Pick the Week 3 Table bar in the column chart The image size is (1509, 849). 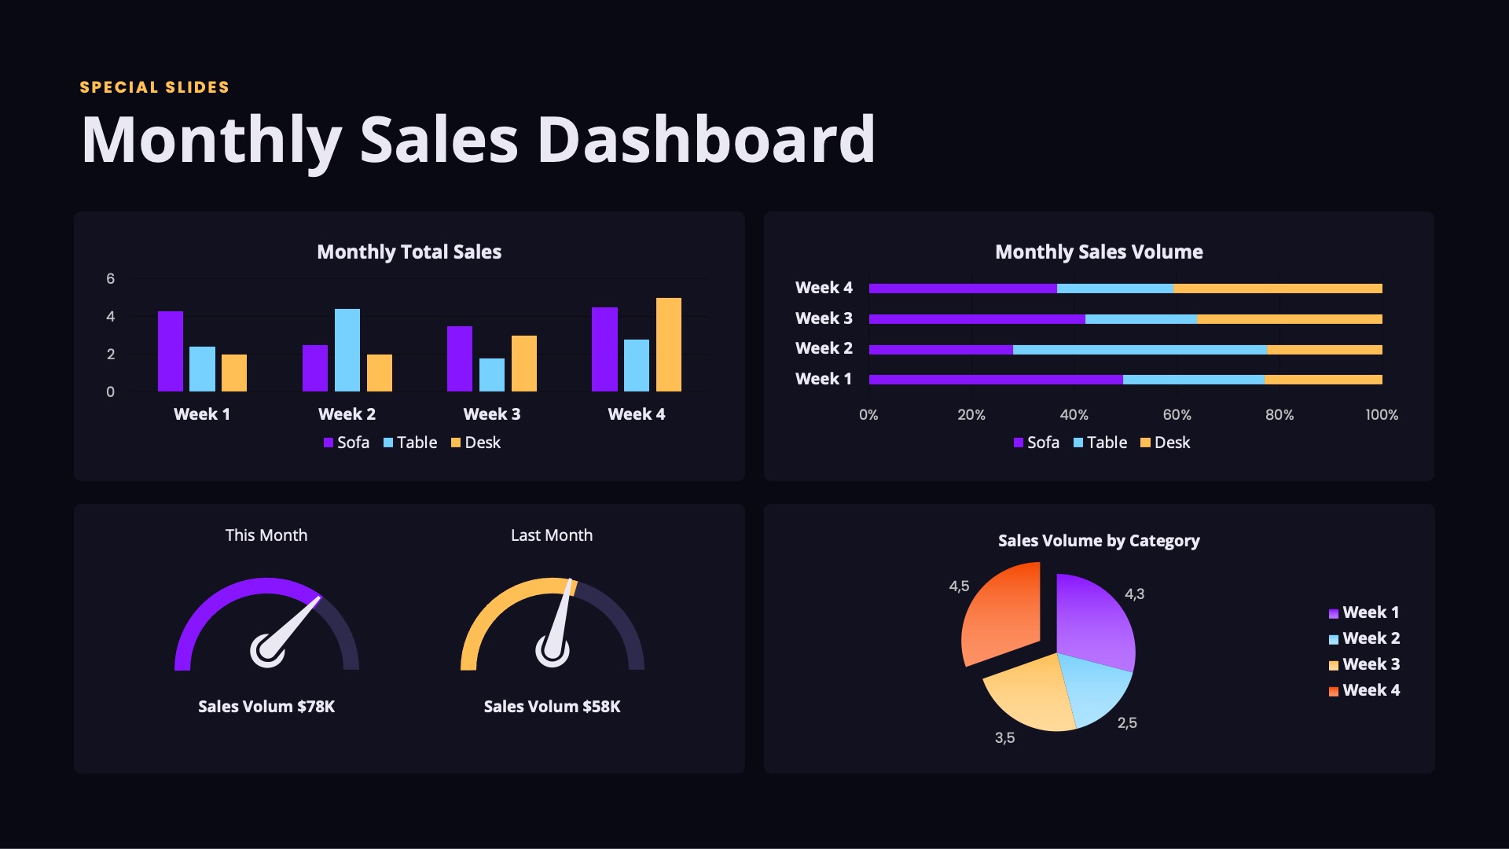click(492, 375)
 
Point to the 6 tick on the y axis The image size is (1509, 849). click(111, 279)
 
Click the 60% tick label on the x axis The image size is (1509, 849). click(1177, 415)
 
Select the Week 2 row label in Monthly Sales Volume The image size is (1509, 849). click(824, 348)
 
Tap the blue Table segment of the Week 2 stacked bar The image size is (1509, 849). click(1140, 350)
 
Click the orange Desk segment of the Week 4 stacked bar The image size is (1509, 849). click(1277, 289)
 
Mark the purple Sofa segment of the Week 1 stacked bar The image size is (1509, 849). click(996, 380)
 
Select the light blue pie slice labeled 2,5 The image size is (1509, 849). click(1094, 689)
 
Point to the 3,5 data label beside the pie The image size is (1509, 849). click(1004, 738)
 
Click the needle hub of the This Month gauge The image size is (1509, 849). click(267, 651)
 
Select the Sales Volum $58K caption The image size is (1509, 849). click(552, 707)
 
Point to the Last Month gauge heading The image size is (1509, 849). click(552, 535)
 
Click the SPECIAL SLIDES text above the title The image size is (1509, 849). click(154, 87)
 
